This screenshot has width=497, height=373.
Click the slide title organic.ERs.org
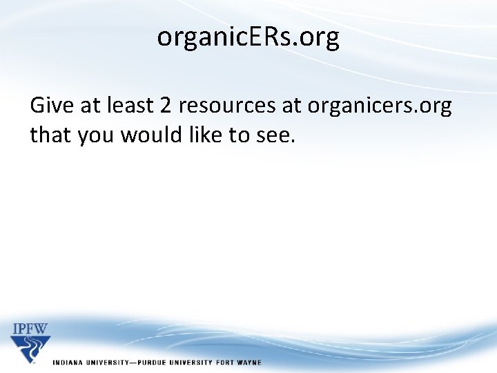point(248,37)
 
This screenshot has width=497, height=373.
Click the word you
point(96,135)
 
